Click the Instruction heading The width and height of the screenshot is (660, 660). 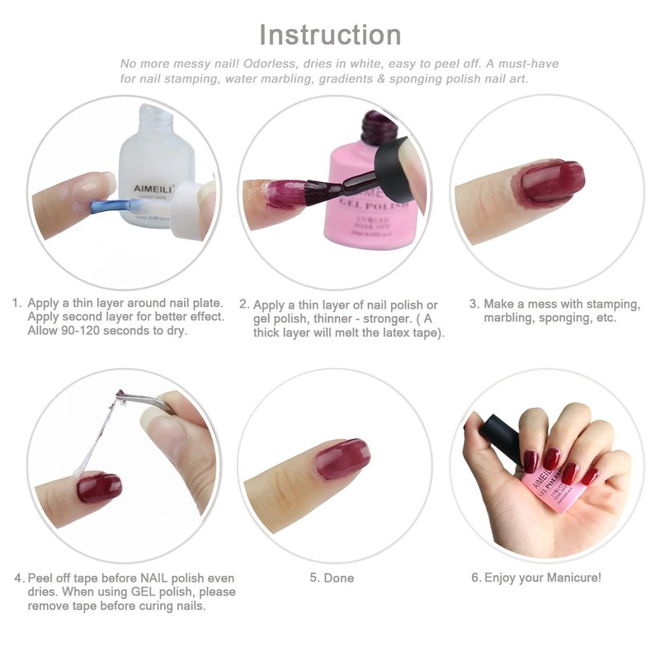pyautogui.click(x=330, y=35)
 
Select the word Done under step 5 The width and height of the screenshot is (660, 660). pyautogui.click(x=338, y=577)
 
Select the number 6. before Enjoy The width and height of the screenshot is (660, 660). pyautogui.click(x=476, y=577)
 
